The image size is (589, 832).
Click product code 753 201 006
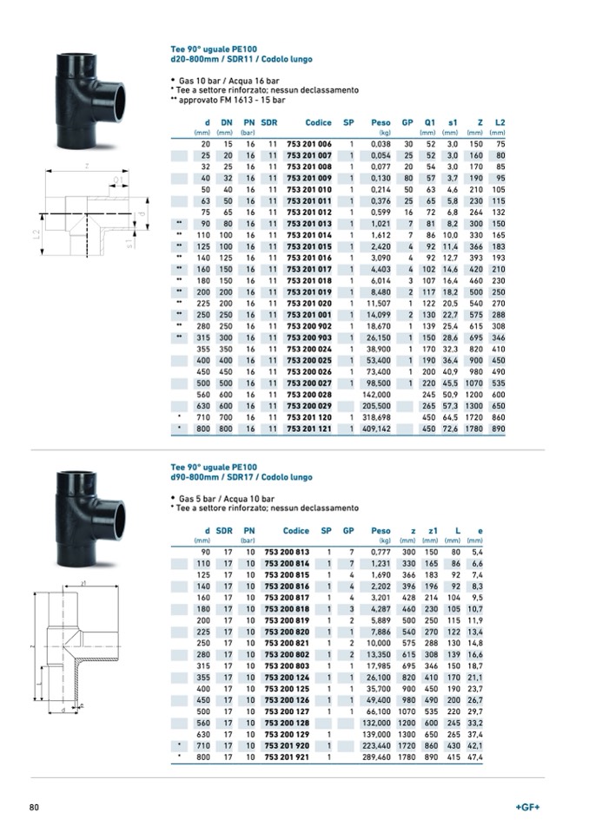click(x=309, y=143)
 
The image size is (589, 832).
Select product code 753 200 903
click(x=309, y=337)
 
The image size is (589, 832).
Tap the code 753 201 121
click(x=309, y=428)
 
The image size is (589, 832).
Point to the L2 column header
click(x=500, y=122)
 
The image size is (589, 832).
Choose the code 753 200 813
click(x=287, y=551)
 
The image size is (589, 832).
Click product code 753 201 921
click(x=287, y=757)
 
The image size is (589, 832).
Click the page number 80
click(x=35, y=808)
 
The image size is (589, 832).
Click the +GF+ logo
click(x=527, y=808)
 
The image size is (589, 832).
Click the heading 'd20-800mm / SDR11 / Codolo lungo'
click(x=241, y=60)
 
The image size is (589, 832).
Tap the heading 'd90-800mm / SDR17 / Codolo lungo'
click(x=241, y=477)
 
